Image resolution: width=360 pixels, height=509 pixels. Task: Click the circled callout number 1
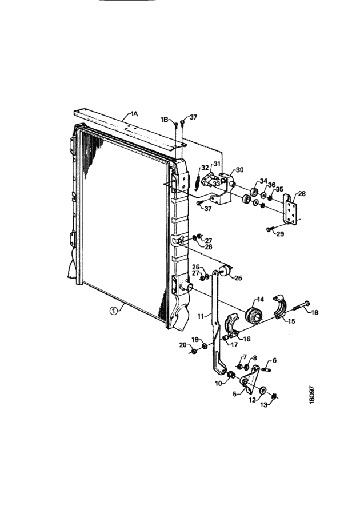click(x=113, y=311)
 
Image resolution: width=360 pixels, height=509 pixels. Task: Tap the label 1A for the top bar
click(x=134, y=113)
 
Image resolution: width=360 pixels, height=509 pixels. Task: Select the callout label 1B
click(x=164, y=120)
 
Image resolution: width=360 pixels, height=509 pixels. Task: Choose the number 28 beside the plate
click(x=302, y=194)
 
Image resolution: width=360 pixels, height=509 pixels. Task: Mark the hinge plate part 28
click(x=289, y=209)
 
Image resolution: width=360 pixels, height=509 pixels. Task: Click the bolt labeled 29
click(x=270, y=229)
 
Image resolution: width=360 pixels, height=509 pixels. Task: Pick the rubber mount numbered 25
click(x=225, y=271)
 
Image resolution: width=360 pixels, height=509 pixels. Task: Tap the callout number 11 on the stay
click(x=201, y=315)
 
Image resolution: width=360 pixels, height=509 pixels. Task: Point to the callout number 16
click(x=246, y=339)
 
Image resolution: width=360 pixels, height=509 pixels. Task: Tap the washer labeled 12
click(x=262, y=389)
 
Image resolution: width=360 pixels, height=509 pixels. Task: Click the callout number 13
click(x=264, y=405)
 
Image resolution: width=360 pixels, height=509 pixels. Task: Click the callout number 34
click(x=263, y=181)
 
